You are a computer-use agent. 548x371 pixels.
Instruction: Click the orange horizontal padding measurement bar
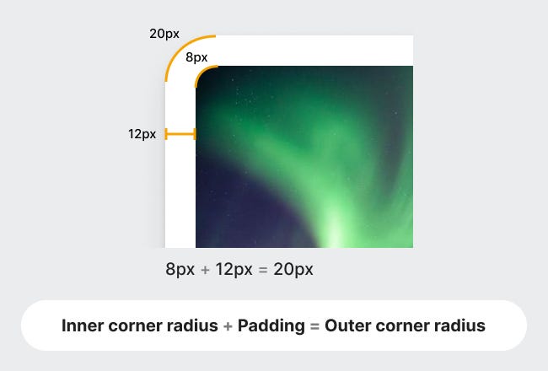pyautogui.click(x=180, y=134)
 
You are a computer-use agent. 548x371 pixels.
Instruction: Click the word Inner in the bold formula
pyautogui.click(x=83, y=325)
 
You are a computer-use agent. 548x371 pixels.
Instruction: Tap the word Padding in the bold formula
pyautogui.click(x=271, y=326)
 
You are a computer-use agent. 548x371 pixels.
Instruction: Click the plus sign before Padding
pyautogui.click(x=228, y=326)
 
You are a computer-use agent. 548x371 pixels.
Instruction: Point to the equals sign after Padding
pyautogui.click(x=315, y=326)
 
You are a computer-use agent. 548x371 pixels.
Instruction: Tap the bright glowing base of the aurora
pyautogui.click(x=334, y=231)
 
